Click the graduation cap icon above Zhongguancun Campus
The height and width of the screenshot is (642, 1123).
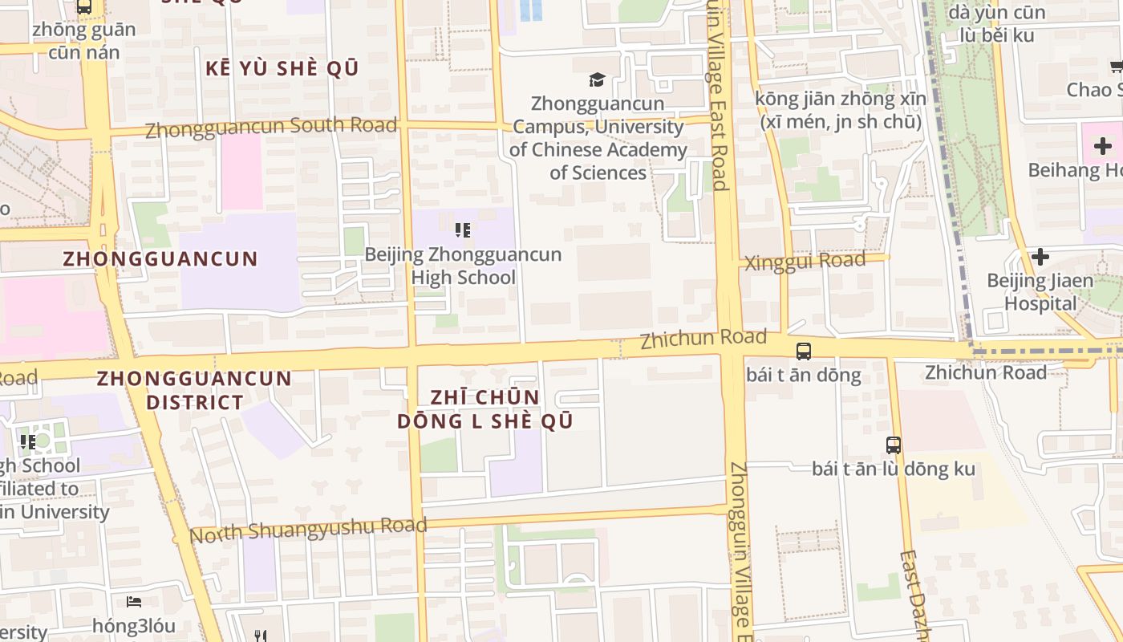[597, 79]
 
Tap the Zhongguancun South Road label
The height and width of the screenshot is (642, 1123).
[271, 127]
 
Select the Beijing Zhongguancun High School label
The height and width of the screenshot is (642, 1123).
[463, 266]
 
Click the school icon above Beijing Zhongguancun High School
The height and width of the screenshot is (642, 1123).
[462, 231]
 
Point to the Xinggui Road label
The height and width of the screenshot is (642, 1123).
[805, 262]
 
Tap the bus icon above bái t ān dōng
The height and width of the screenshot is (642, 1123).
[803, 351]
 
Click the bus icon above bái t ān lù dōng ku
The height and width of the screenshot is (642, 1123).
[893, 445]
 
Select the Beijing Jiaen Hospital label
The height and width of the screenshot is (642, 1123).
[1040, 292]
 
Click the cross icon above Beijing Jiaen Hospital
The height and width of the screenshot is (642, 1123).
[1040, 257]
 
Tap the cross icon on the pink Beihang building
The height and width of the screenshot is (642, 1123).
[1102, 146]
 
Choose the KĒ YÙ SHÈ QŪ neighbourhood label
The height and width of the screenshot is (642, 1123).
[282, 69]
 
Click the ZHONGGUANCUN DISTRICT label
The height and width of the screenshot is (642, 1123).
[194, 390]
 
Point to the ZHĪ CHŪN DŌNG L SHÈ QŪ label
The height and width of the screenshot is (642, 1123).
[485, 409]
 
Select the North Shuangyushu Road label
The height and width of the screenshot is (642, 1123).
[309, 530]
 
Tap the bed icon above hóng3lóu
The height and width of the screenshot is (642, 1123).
[134, 601]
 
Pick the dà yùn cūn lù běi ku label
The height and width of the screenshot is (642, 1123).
[996, 24]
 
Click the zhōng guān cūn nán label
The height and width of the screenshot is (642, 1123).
[84, 41]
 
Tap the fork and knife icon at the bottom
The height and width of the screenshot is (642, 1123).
[260, 636]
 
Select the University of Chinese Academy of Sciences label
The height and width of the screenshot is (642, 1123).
[598, 138]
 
